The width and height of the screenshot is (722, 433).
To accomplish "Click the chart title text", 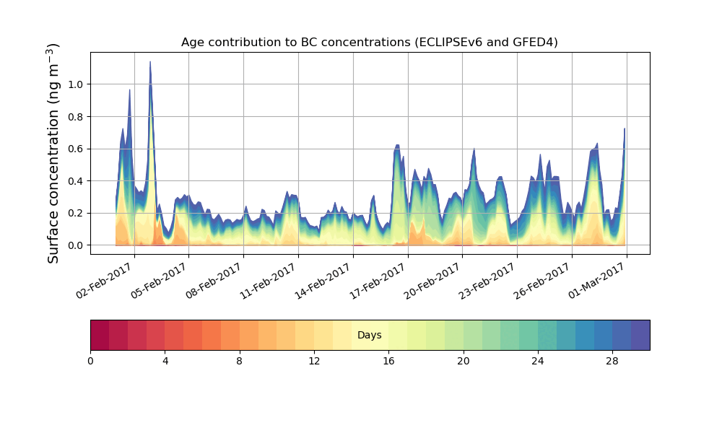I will (369, 43).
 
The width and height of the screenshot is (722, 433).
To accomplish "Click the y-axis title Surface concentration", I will (54, 153).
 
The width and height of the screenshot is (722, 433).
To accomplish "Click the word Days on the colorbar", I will (369, 336).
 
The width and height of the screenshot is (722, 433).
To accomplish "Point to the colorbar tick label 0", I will (90, 361).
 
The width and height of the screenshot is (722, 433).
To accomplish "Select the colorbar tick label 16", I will (388, 361).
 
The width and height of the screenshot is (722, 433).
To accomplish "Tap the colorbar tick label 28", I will (612, 361).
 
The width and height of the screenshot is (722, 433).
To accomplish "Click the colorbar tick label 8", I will (240, 361).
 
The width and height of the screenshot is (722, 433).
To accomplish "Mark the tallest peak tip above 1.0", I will (150, 62).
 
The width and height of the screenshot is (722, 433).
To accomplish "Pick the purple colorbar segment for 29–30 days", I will (640, 335).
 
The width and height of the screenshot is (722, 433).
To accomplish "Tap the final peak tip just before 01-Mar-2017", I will (625, 129).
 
